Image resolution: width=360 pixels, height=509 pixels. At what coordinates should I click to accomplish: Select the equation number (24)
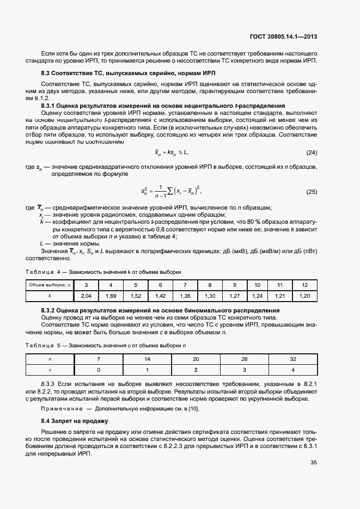coord(312,152)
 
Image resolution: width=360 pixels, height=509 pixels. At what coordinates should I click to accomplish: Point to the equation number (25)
coord(312,191)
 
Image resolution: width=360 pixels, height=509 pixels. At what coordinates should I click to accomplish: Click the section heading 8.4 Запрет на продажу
coord(75,421)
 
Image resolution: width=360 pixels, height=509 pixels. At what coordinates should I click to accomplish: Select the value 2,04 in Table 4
coord(86,296)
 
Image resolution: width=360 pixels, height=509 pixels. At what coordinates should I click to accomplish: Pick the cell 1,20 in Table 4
coord(304,296)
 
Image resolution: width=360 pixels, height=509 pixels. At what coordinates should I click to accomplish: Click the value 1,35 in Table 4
coord(185,296)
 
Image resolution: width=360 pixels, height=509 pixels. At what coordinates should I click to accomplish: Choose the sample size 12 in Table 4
coord(304,285)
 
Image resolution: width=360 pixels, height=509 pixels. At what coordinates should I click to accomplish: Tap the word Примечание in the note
coord(61,408)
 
